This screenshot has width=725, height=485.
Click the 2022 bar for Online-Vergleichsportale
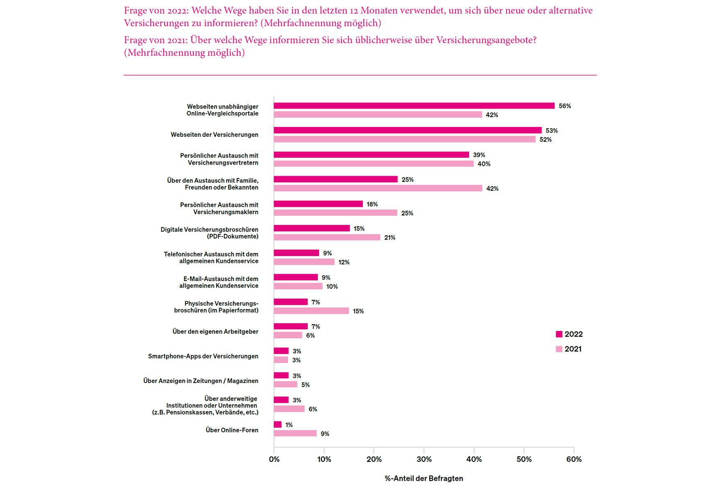tap(414, 106)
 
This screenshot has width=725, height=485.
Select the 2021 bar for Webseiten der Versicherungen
tap(404, 139)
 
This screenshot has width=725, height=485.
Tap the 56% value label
tap(564, 106)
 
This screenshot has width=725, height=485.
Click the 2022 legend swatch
tap(559, 334)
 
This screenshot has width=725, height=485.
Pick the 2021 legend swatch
tap(559, 349)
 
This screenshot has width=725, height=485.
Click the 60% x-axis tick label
tap(573, 459)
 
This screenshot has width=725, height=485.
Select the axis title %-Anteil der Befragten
tap(424, 478)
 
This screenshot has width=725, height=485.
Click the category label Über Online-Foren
tap(232, 430)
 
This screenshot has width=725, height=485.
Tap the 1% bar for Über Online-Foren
tap(278, 425)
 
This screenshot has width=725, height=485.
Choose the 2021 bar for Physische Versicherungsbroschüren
tap(311, 311)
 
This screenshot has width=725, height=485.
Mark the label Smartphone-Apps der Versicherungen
tap(203, 356)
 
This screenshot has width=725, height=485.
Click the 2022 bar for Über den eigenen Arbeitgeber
tap(290, 326)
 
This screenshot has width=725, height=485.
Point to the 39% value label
tap(479, 155)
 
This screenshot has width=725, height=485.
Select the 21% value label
tap(390, 238)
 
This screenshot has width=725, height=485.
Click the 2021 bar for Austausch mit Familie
tap(378, 188)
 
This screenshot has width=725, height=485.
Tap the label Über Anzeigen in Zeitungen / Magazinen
tap(201, 381)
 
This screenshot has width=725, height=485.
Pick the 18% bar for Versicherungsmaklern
tap(318, 204)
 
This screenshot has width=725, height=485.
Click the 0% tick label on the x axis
tap(274, 459)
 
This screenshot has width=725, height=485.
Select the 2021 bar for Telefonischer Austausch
tap(304, 262)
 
